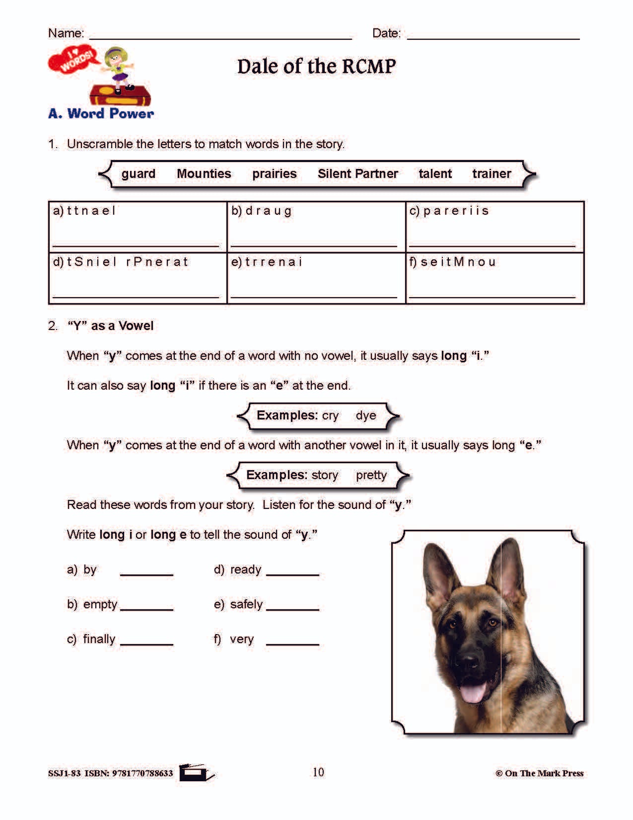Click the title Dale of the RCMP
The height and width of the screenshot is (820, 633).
pos(316,66)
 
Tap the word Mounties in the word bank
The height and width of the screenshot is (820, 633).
pos(204,173)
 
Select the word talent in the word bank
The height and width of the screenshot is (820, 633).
pos(435,173)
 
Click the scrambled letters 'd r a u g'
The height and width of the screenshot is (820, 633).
pos(268,211)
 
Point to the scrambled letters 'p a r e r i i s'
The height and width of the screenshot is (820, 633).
pos(456,211)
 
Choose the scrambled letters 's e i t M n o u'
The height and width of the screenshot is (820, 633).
pos(458,262)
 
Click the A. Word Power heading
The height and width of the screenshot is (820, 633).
pos(101,113)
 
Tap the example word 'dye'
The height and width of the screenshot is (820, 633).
pos(366,415)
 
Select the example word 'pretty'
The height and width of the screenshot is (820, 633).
pos(371,475)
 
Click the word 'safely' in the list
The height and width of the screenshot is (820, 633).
pos(246,604)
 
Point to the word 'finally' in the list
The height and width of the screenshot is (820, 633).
pos(99,639)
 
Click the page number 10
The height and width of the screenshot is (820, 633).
pos(318,772)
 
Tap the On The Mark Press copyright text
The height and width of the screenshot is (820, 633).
pos(539,773)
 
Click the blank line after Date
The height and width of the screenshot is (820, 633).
pos(493,35)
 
